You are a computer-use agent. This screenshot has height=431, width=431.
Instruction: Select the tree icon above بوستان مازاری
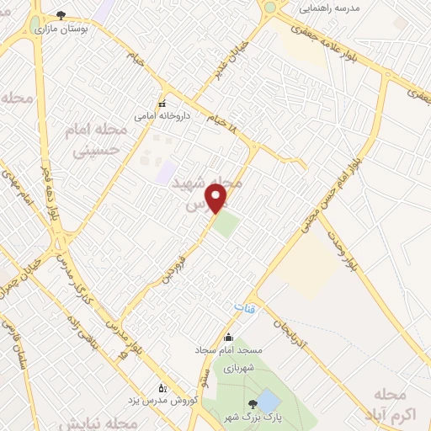coord(61,15)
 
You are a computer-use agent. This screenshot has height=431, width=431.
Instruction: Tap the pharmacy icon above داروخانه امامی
coord(162,104)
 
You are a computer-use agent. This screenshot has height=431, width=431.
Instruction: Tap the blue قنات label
coord(244,309)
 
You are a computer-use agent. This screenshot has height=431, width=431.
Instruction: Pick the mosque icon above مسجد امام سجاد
coord(227,337)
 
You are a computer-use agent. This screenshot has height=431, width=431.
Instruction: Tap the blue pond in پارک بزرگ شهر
coord(269,401)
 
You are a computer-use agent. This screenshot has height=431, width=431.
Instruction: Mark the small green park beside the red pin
coord(225,224)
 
